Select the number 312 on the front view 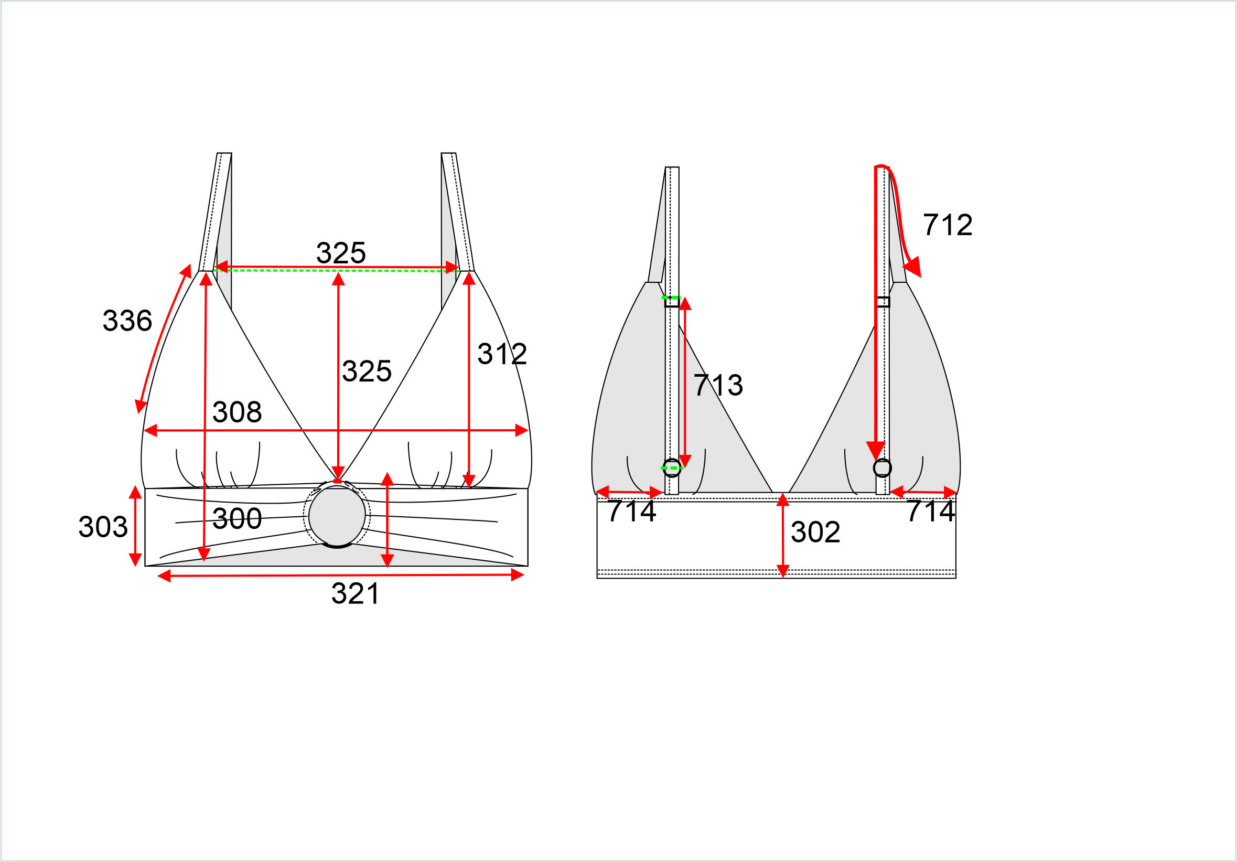point(502,354)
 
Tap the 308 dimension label point(237,412)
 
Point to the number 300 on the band point(237,518)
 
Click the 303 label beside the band point(103,527)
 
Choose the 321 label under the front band point(355,593)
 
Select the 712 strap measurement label point(948,225)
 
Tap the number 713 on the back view point(718,385)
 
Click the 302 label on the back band point(815,532)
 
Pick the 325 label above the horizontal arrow point(341,253)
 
